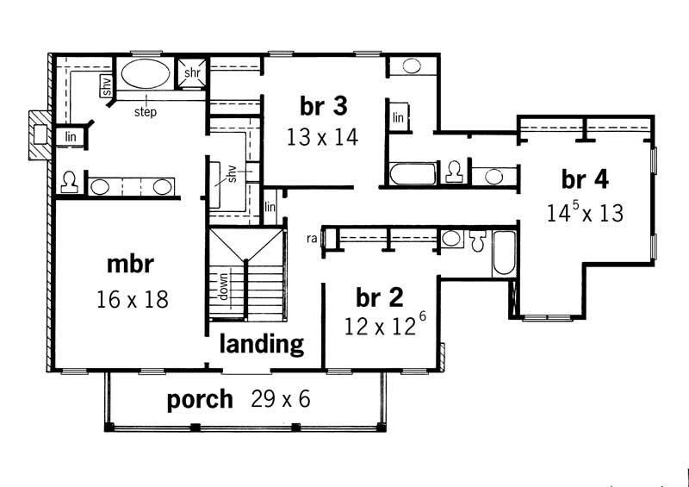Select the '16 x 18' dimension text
coord(132,299)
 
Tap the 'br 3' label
coord(323,105)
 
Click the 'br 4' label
coord(585,179)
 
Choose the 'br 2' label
coord(379,297)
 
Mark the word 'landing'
coord(262,344)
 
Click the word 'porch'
coord(200,399)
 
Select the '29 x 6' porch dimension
coord(281,399)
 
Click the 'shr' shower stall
coord(191,74)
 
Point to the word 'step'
coord(145,112)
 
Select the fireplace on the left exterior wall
coord(38,134)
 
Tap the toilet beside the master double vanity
coord(70,183)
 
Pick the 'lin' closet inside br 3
coord(399,117)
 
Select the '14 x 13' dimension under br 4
coord(585,212)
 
